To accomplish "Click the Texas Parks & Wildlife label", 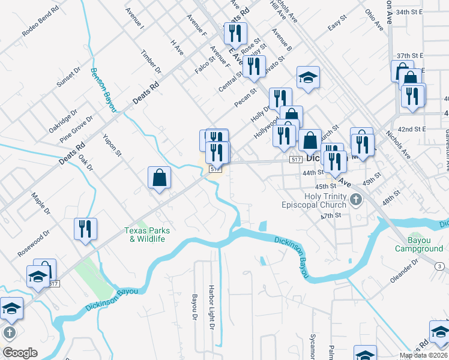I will [147, 235].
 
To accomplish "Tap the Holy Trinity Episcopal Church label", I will [314, 200].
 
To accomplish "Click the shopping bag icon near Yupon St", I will [159, 178].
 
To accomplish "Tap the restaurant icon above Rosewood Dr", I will [85, 229].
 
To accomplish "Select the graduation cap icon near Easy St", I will [308, 77].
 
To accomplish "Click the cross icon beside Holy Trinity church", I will [356, 199].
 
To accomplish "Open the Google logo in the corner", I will [20, 353].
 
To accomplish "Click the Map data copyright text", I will [423, 355].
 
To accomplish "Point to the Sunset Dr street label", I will [68, 78].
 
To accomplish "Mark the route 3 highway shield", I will [439, 265].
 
